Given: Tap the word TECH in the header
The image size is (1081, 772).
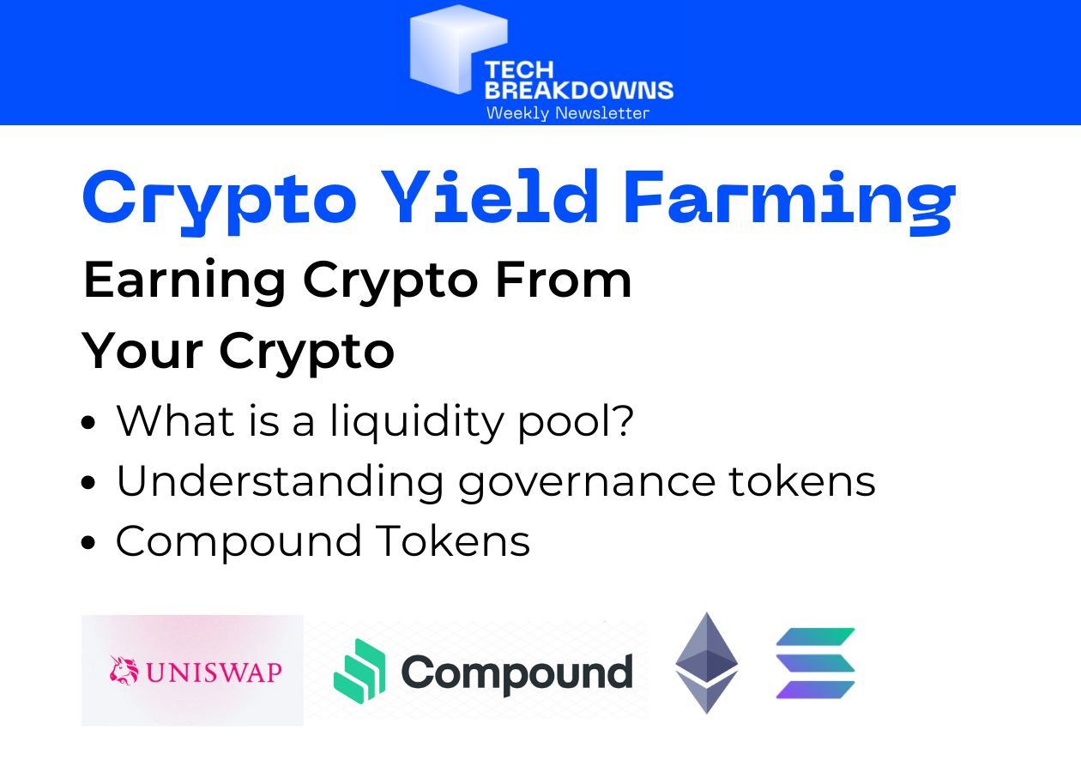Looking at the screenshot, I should (520, 71).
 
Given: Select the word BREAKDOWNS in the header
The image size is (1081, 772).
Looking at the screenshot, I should (579, 90).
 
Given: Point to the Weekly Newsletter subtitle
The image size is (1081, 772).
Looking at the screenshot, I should (567, 113).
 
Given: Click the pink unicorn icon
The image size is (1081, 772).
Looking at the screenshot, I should (124, 671).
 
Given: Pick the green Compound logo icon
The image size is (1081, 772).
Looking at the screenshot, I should (359, 672).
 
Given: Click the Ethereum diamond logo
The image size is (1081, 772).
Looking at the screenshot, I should (706, 662).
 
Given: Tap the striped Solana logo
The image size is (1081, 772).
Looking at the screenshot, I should (815, 662).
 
